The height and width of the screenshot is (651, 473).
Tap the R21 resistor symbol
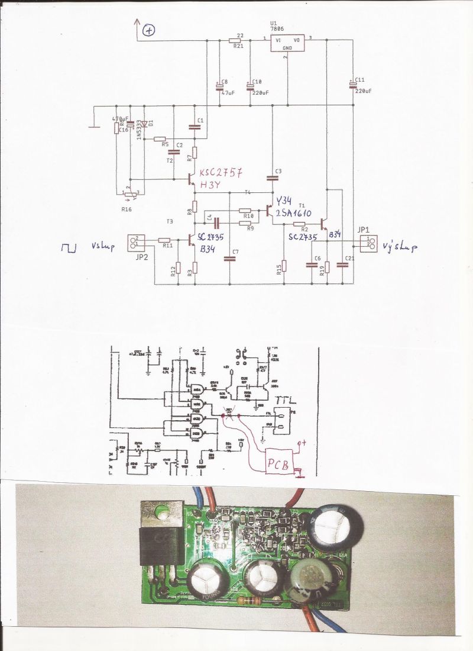[235, 40]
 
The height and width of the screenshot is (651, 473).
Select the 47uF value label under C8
[228, 93]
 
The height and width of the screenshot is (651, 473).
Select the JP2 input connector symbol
[135, 241]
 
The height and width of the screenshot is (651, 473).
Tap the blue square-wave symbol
[69, 247]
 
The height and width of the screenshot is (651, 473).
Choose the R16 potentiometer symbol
[130, 192]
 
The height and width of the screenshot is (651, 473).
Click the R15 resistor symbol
[284, 265]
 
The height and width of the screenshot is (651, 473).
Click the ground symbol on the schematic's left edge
[92, 125]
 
